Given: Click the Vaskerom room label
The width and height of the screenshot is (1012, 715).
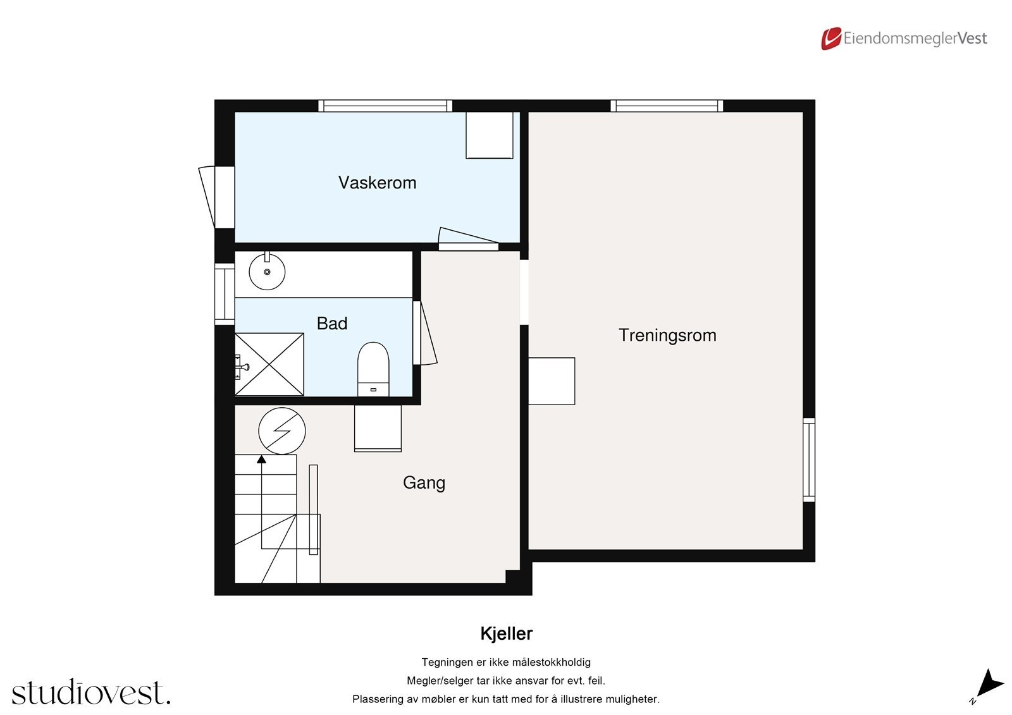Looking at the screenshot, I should click(377, 183).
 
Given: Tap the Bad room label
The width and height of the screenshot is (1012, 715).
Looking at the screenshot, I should click(332, 324).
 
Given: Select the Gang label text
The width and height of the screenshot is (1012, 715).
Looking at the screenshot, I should click(424, 483).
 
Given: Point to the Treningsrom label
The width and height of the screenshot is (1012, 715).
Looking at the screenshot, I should click(667, 335).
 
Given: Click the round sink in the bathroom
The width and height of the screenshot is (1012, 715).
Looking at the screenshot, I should click(267, 272).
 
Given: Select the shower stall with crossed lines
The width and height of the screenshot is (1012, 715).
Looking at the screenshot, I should click(270, 365).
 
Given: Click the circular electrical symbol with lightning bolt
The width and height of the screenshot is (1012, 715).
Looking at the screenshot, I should click(282, 431).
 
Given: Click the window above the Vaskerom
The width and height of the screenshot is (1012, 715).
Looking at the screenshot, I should click(385, 106).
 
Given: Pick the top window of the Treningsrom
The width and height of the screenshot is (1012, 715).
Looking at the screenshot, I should click(667, 106).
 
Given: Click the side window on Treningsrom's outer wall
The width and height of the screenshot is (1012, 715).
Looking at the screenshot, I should click(809, 460).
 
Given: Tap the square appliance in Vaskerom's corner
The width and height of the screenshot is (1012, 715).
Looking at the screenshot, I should click(490, 135).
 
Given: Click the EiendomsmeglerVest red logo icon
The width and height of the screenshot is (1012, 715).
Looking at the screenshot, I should click(830, 39).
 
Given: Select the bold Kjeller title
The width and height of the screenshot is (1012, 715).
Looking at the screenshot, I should click(506, 633).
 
